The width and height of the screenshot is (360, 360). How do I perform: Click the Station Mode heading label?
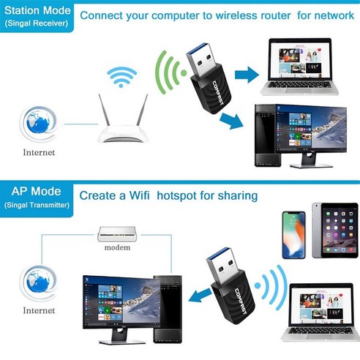[x=37, y=10]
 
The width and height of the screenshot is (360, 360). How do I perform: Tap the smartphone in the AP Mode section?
[x=294, y=234]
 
